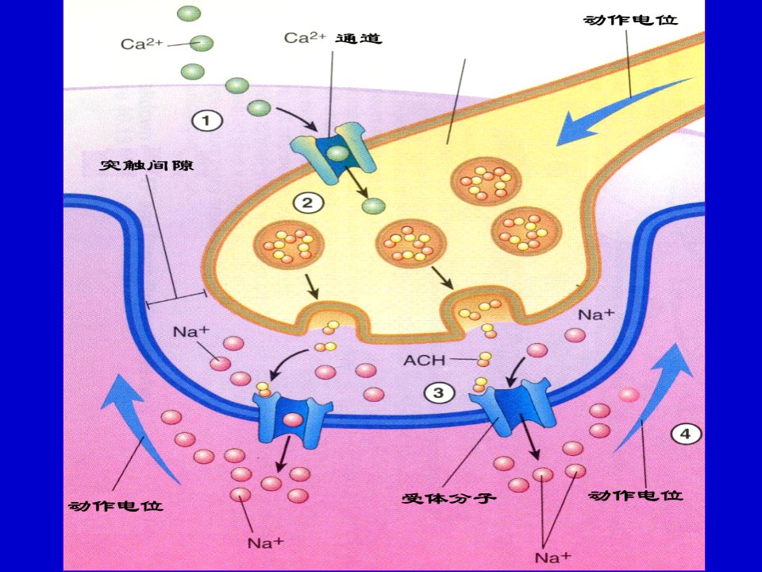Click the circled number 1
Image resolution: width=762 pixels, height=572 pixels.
pos(207,121)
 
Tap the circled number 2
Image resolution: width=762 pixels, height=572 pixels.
pos(307,203)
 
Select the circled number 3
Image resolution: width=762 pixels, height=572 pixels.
pos(438,392)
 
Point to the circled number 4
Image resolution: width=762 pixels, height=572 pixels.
pos(685,434)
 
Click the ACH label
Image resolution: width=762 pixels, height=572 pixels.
pos(424,361)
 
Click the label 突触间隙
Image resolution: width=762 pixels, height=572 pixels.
pos(146,165)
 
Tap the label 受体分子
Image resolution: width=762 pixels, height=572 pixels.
pos(448,497)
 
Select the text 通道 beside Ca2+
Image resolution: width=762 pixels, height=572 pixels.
pos(359,38)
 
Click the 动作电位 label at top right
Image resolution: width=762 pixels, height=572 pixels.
pos(630,20)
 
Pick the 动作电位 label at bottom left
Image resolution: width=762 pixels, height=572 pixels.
pos(116,506)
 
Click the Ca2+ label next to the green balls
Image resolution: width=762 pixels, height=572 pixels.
pos(141,43)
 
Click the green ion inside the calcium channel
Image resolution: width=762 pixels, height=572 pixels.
pos(337,154)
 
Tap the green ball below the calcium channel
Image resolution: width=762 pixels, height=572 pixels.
pos(373,207)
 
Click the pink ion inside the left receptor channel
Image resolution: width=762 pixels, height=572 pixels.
pos(293,419)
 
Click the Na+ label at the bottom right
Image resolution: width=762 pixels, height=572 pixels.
pos(553,556)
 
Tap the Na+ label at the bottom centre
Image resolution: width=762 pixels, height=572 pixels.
pos(265,543)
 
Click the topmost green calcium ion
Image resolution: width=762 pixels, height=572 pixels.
pos(189,14)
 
